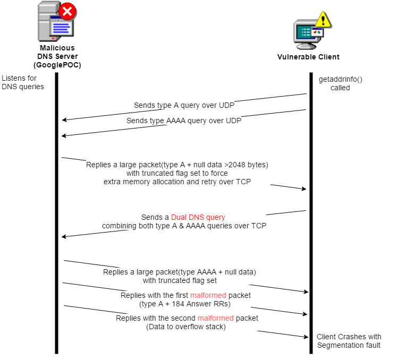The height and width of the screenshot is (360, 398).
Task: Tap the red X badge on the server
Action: coord(67,11)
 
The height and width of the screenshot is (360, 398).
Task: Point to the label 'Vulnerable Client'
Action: coord(308,57)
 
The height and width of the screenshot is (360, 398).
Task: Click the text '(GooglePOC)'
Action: coord(57,65)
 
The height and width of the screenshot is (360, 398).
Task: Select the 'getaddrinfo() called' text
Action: coord(340,83)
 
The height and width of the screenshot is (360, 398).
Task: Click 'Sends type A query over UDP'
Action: coord(184,105)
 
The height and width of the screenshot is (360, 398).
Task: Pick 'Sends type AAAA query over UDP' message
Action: coord(184,121)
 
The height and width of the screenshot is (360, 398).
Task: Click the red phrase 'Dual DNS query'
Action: coord(198,217)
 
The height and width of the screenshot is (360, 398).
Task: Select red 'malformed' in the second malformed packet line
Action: coord(215,318)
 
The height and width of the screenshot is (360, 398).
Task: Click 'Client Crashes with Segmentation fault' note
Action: coord(349,341)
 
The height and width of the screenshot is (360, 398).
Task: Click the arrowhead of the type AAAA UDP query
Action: coord(63,136)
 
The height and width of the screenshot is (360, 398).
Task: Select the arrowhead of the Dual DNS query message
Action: coord(63,237)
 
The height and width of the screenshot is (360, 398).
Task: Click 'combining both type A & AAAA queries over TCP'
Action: coord(184,226)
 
